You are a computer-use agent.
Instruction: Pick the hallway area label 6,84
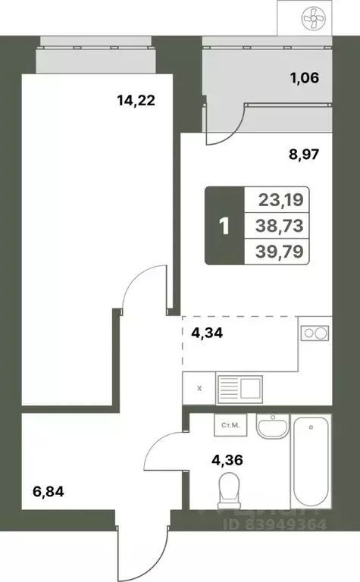47,492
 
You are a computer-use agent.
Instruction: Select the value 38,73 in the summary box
279,226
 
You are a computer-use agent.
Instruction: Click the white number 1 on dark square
224,226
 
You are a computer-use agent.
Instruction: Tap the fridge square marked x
199,389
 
